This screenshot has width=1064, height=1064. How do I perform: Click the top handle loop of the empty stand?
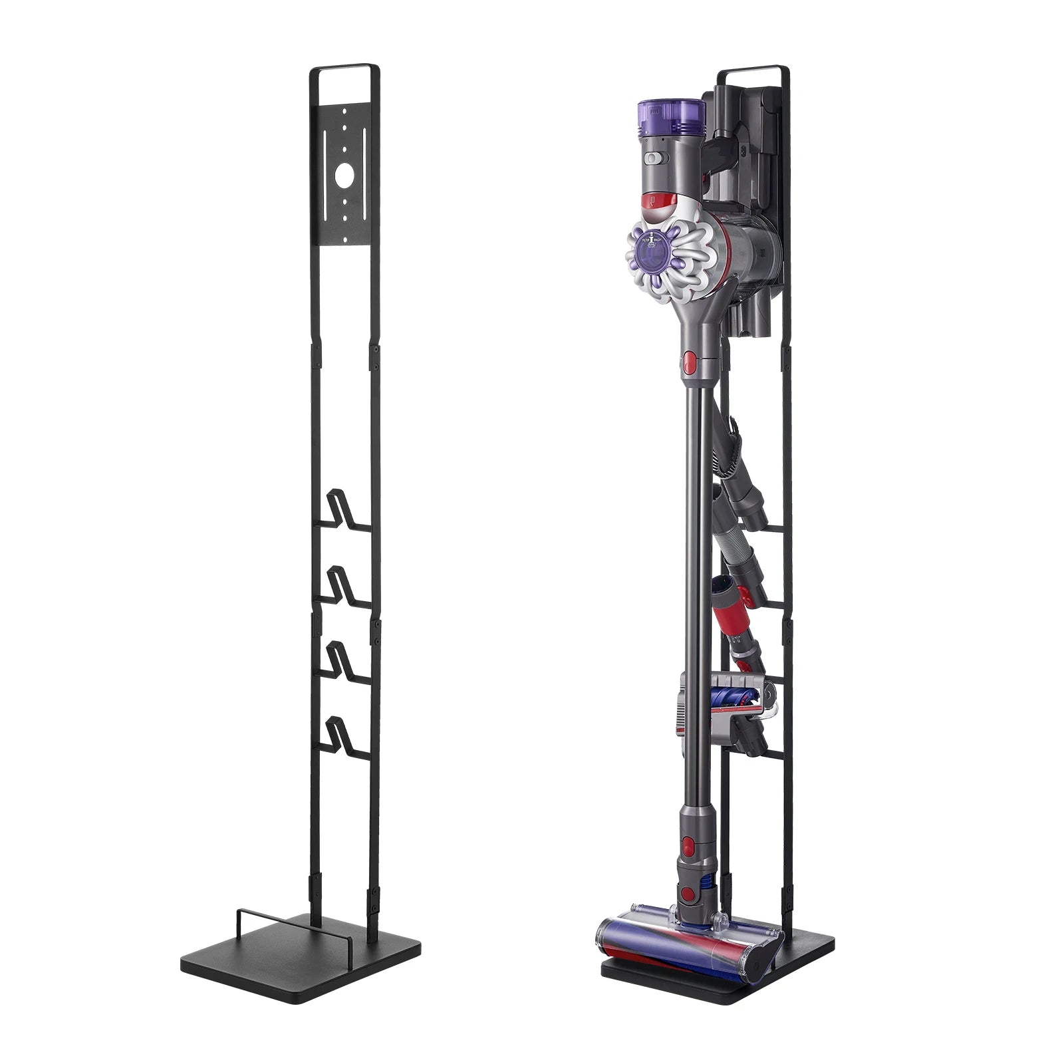click(x=343, y=68)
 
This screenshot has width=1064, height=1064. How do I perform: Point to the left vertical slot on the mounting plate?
click(x=325, y=153)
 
